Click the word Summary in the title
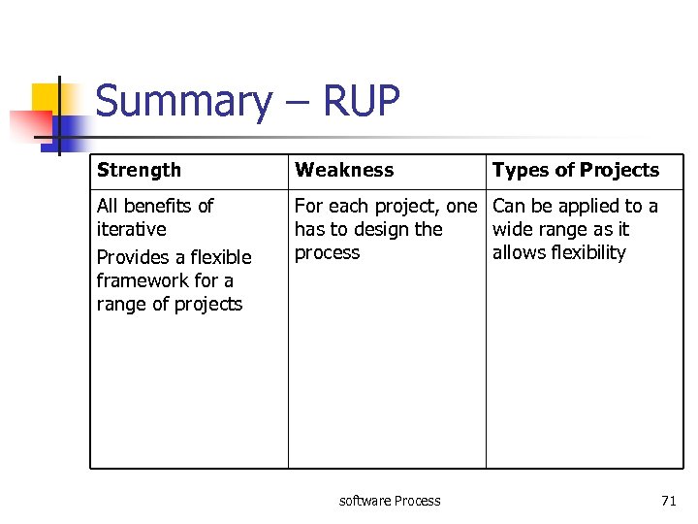[171, 102]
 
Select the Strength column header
[139, 170]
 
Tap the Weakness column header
[344, 170]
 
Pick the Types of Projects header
[575, 170]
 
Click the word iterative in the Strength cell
[131, 229]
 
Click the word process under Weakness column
[327, 253]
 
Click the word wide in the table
[511, 229]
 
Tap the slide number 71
[668, 501]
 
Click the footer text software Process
[390, 501]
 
